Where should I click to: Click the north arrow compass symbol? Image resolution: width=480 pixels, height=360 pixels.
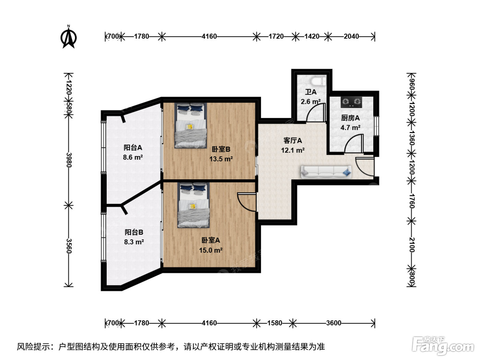(x=69, y=37)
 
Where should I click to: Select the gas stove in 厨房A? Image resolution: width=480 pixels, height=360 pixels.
(x=351, y=102)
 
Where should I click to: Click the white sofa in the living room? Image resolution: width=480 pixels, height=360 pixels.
(x=326, y=172)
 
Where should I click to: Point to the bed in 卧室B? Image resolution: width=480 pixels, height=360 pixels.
(x=191, y=125)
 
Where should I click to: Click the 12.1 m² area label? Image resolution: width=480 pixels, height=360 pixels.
(x=292, y=151)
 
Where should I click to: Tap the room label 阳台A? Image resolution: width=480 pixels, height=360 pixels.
(x=133, y=147)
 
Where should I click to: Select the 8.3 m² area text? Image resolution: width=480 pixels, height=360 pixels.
(x=134, y=242)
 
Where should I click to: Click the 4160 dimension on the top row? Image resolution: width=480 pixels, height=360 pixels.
(x=209, y=36)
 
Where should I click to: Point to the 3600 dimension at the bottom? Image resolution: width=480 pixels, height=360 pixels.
(x=334, y=323)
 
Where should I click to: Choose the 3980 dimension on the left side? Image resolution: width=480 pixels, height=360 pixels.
(x=69, y=160)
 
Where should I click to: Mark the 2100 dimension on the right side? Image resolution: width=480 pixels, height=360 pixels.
(x=411, y=245)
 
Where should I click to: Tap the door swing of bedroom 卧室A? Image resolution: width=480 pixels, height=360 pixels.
(x=247, y=202)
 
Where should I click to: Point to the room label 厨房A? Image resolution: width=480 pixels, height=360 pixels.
(x=350, y=118)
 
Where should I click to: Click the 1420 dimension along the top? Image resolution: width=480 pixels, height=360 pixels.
(x=312, y=36)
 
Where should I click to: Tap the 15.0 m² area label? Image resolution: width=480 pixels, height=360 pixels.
(x=211, y=250)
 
